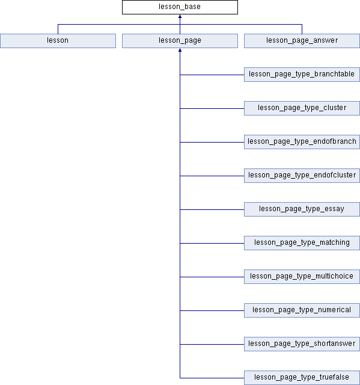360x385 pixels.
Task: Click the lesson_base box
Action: coord(180,7)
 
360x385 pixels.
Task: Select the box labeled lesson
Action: coord(58,41)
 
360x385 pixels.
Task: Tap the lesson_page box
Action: coord(180,41)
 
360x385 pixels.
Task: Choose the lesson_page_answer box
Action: coord(302,41)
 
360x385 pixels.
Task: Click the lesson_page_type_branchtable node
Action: coord(302,75)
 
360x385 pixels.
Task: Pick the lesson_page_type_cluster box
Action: coord(302,108)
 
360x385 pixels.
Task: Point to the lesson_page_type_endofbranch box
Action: coord(302,142)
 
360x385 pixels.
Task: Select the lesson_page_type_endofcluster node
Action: coord(302,176)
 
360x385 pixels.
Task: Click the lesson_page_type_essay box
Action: coord(302,209)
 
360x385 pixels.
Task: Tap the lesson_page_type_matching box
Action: coord(302,243)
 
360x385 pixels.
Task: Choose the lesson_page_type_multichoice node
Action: coord(302,277)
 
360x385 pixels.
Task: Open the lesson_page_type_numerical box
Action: coord(302,310)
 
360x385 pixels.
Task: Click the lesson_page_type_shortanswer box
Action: coord(302,344)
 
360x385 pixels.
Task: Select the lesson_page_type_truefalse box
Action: coord(302,378)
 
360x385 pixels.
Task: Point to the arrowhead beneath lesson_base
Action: coord(180,16)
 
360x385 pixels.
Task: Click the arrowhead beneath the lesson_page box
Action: coord(180,50)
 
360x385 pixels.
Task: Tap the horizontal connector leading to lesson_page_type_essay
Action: coord(212,210)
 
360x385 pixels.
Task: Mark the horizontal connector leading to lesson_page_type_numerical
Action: coord(212,310)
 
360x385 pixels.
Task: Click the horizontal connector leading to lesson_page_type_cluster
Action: coord(212,108)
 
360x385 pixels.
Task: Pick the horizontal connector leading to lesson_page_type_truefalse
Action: coord(212,378)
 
